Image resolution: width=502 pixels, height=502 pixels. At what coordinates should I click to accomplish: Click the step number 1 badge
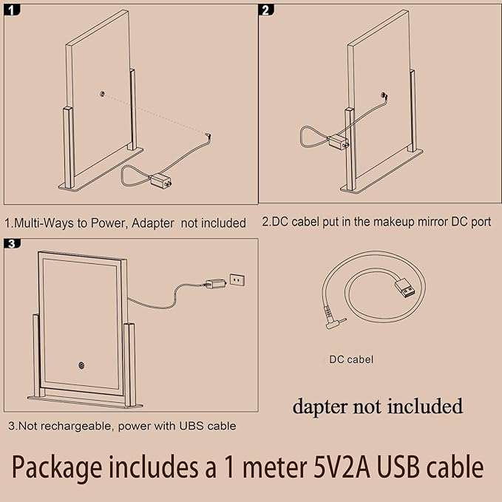point(12,10)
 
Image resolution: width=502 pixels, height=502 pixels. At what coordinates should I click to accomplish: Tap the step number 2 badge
point(266,10)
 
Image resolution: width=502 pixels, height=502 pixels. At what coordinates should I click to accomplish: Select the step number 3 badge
point(12,244)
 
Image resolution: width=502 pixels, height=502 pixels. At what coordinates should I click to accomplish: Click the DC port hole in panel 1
point(102,94)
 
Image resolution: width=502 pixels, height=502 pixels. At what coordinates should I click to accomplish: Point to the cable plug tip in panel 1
point(208,135)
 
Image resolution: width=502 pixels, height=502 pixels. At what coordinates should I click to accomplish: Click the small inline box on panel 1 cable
point(161,182)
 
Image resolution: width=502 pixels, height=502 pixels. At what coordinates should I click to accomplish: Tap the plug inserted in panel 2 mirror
point(384,95)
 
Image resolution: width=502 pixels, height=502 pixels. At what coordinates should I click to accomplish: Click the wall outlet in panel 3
point(237,280)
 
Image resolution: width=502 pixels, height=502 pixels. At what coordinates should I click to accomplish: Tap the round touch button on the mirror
point(81,365)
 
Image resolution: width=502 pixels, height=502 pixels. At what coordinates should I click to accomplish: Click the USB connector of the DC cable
point(405,287)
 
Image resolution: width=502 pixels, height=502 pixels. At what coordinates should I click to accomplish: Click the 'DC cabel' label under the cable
point(351,359)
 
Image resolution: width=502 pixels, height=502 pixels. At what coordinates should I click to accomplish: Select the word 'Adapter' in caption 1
point(152,223)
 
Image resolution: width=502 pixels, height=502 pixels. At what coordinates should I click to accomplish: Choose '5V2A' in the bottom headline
point(340,467)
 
